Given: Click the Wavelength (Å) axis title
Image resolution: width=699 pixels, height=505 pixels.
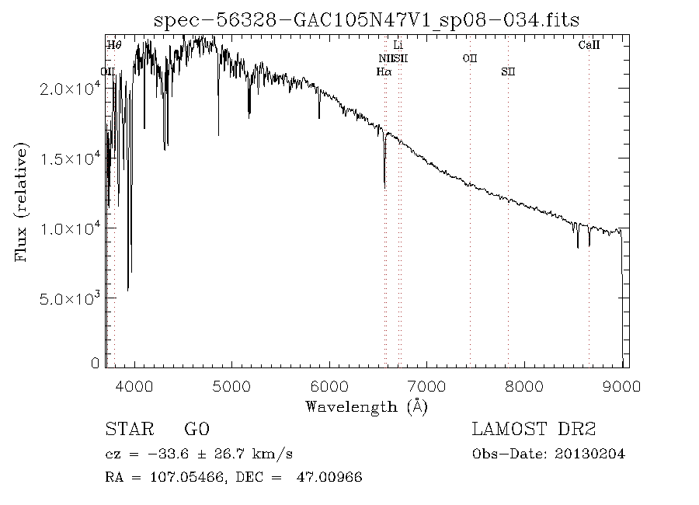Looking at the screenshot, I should tap(367, 406).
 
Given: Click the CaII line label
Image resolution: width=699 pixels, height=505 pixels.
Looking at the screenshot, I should tap(589, 45).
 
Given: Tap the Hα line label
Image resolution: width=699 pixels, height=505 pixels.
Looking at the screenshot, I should tap(383, 71).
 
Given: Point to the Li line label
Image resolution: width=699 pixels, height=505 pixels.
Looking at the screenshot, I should tap(398, 45).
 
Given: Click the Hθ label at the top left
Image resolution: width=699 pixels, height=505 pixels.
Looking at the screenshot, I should tap(114, 45).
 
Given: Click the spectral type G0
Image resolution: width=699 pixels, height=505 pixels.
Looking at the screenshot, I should tap(196, 430).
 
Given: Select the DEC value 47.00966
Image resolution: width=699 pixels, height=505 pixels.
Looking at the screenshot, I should tap(330, 476).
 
